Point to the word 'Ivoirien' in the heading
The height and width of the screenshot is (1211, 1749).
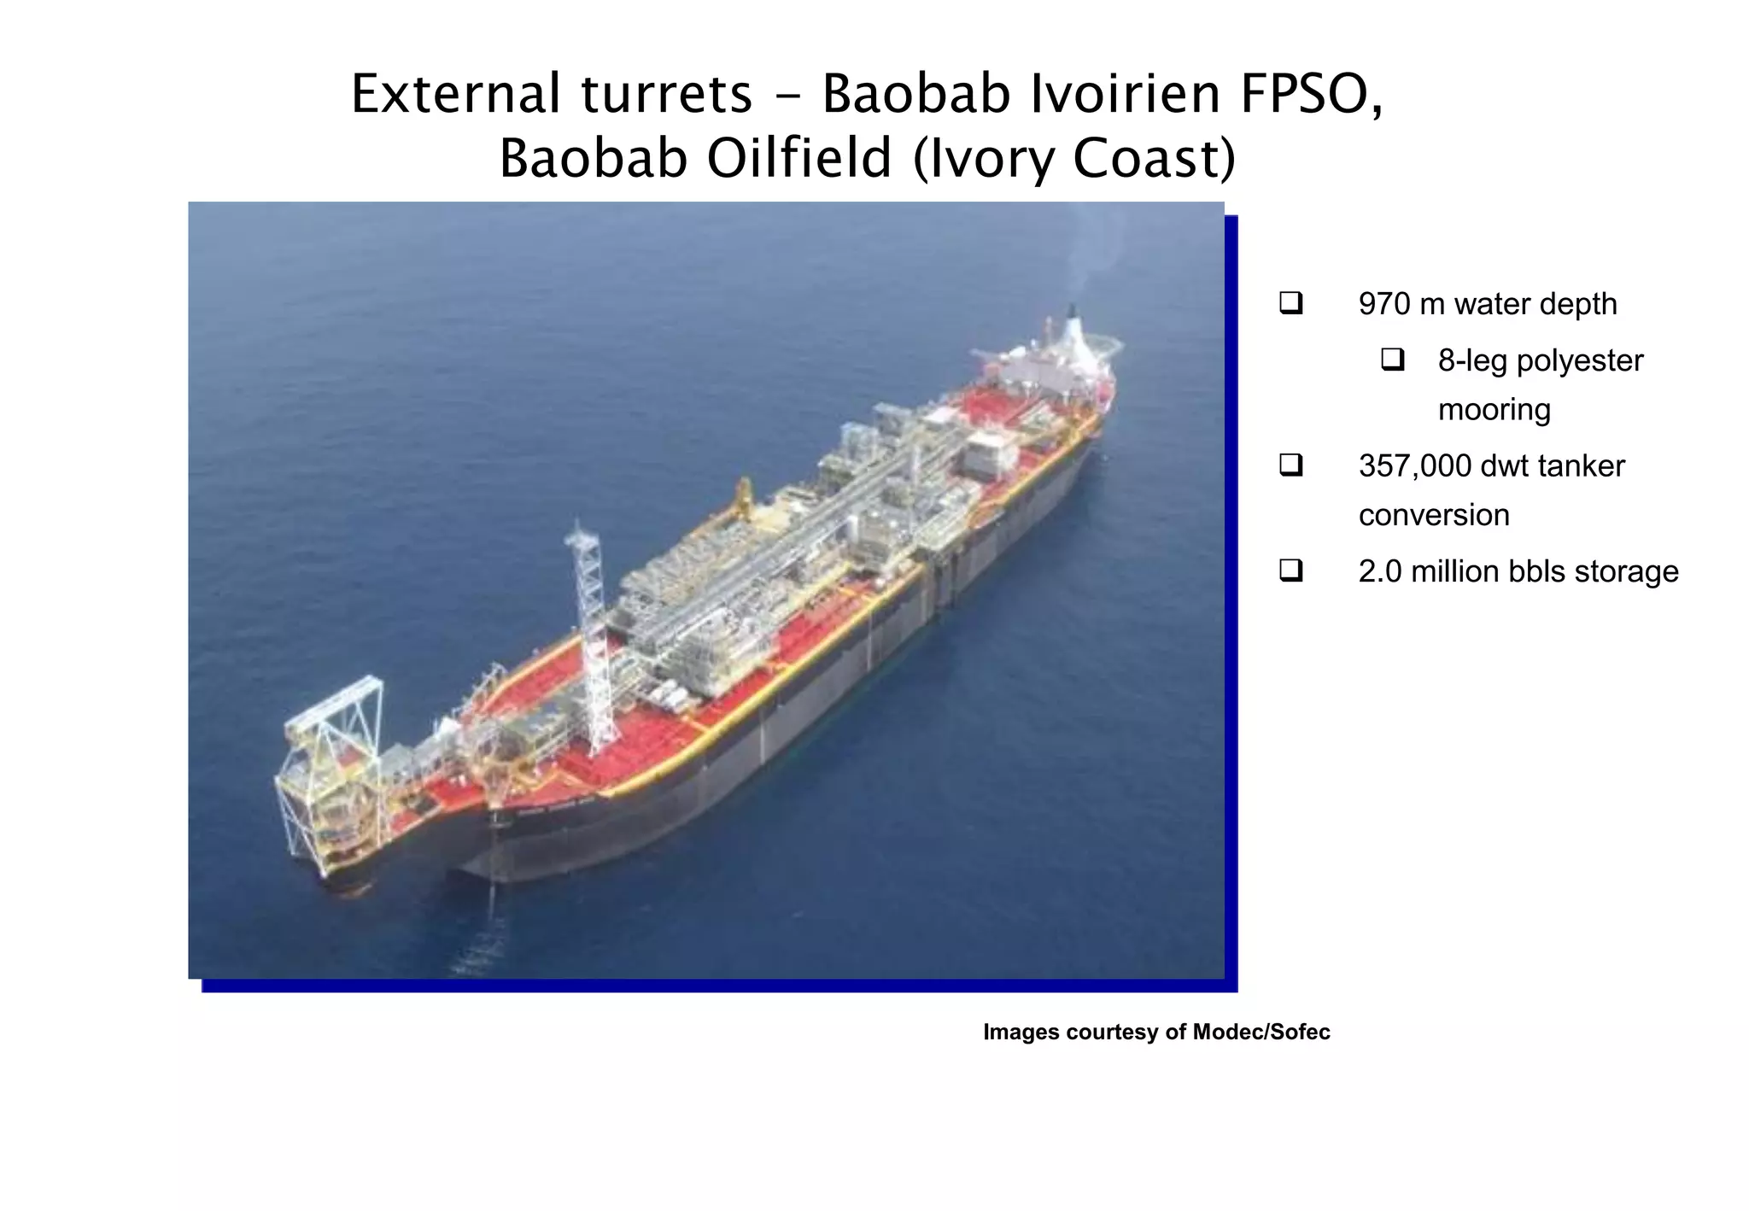[x=1125, y=94]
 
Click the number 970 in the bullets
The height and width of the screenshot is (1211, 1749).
[x=1384, y=304]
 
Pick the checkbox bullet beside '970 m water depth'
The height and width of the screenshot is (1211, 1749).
[x=1290, y=303]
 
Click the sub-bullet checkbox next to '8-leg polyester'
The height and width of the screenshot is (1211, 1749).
[x=1392, y=360]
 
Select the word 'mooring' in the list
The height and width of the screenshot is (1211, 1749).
[x=1494, y=409]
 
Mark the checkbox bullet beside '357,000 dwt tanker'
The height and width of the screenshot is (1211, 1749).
[x=1290, y=465]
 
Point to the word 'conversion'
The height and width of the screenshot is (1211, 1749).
[x=1434, y=515]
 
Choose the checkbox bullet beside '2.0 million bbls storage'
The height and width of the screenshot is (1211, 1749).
[x=1290, y=570]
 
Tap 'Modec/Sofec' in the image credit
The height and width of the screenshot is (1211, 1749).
[x=1261, y=1032]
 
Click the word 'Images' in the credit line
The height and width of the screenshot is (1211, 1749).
[x=1021, y=1032]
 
